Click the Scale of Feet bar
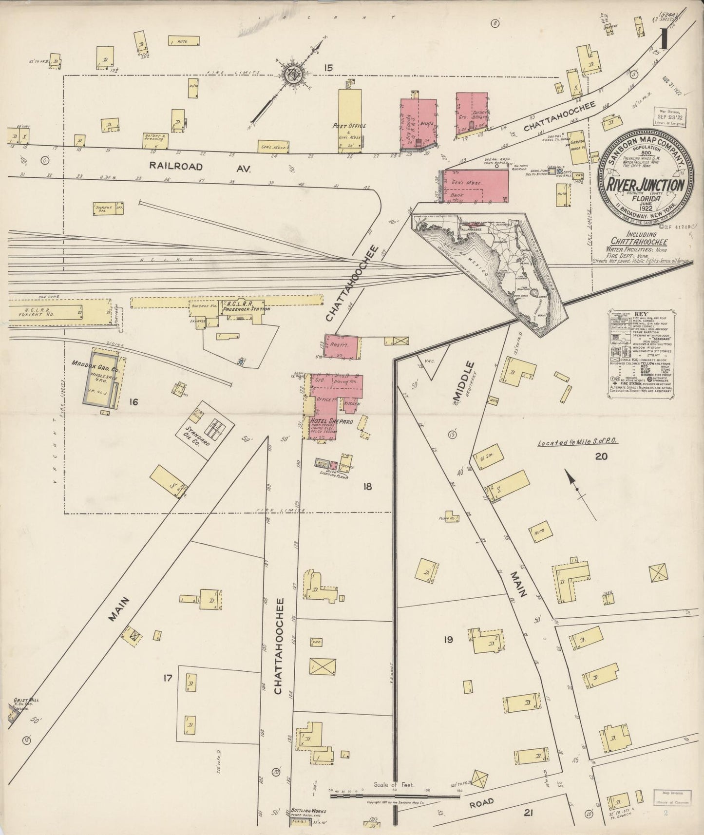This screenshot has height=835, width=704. (395, 795)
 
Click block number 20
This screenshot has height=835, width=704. (601, 456)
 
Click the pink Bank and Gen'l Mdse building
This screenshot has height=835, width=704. (477, 187)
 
